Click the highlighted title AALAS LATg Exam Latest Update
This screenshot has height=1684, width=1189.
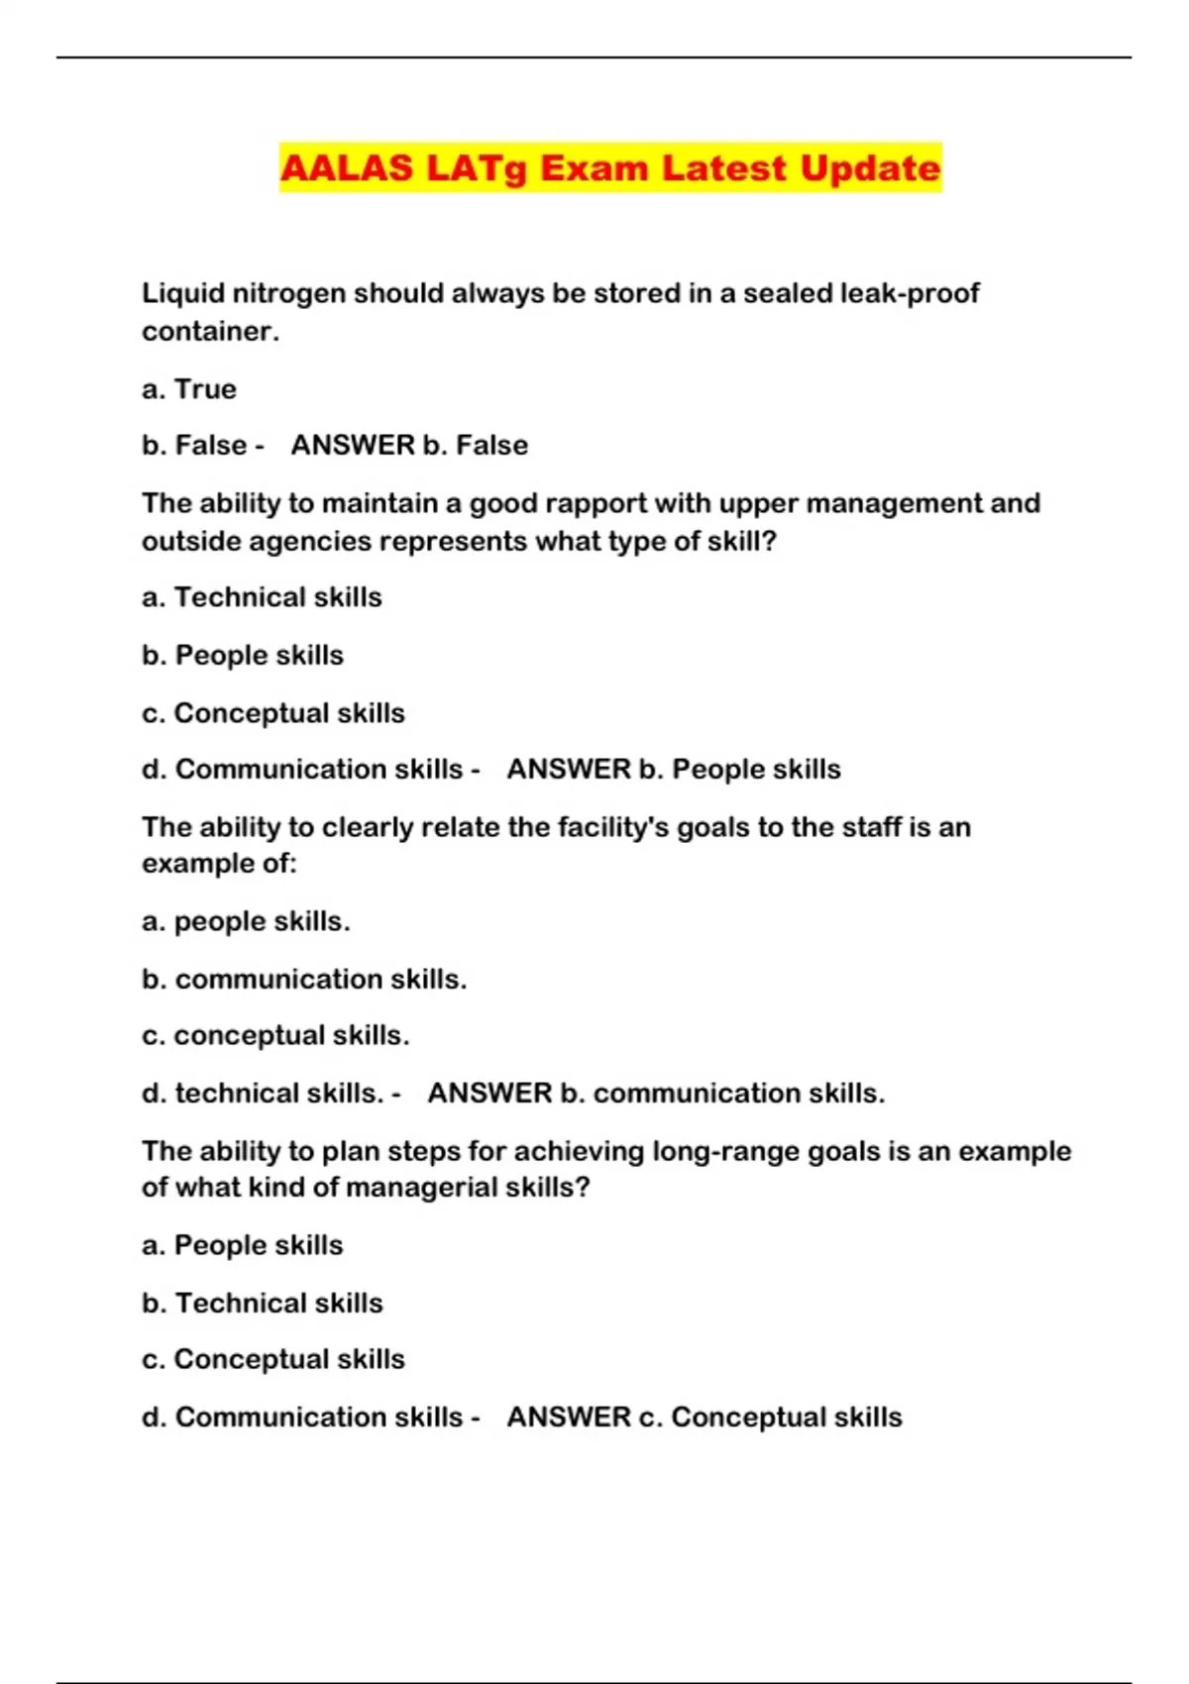(x=609, y=168)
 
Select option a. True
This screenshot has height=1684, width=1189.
(x=189, y=389)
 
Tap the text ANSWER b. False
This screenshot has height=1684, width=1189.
(x=409, y=446)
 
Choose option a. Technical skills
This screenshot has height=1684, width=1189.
(x=262, y=597)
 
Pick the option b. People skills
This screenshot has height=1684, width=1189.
(x=243, y=656)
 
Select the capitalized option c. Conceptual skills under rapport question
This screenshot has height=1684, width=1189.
(x=273, y=713)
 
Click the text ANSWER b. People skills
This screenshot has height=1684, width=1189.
(x=674, y=770)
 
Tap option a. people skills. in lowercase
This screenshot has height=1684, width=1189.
(x=246, y=922)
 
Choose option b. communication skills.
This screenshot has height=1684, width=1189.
(x=304, y=980)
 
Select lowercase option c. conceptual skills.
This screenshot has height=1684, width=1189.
(x=275, y=1036)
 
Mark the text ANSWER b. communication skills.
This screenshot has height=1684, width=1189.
(x=656, y=1094)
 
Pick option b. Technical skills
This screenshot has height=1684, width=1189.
(x=263, y=1304)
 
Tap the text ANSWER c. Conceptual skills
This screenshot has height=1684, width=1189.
(x=704, y=1418)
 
